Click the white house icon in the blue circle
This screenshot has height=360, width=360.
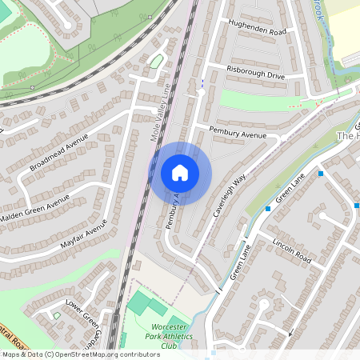pyautogui.click(x=180, y=172)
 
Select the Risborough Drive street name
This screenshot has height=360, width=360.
pyautogui.click(x=255, y=74)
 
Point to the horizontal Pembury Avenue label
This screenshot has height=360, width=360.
pyautogui.click(x=238, y=132)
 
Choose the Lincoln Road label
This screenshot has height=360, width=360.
pyautogui.click(x=291, y=250)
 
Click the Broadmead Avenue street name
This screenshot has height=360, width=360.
pyautogui.click(x=58, y=154)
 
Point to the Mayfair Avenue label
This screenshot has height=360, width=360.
pyautogui.click(x=84, y=239)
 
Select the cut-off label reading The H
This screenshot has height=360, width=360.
pyautogui.click(x=349, y=136)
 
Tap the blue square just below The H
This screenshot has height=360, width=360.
pyautogui.click(x=320, y=173)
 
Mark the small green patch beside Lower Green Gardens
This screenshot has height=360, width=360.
pyautogui.click(x=57, y=315)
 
